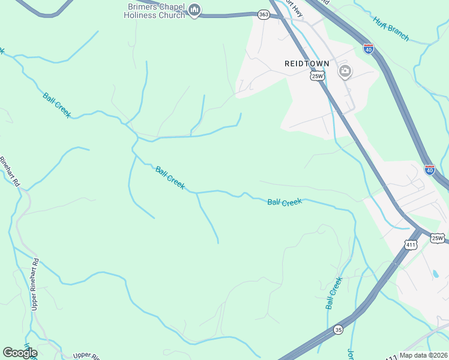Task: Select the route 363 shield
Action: tap(263, 13)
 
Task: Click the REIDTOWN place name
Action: tap(307, 63)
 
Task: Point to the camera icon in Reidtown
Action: tap(345, 72)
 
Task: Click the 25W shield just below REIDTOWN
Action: tap(318, 76)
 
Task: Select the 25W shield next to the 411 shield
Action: tap(438, 238)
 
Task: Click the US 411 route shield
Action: tap(411, 245)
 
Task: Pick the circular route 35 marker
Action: tap(339, 329)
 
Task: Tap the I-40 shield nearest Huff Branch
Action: tap(369, 48)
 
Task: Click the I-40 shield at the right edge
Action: tap(429, 170)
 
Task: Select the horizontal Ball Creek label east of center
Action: tap(284, 203)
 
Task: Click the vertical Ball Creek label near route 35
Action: tap(334, 293)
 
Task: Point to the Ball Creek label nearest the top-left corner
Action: tap(57, 105)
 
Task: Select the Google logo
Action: tap(20, 353)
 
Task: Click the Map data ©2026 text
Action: tap(423, 355)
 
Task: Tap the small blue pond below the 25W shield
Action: tap(435, 274)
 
